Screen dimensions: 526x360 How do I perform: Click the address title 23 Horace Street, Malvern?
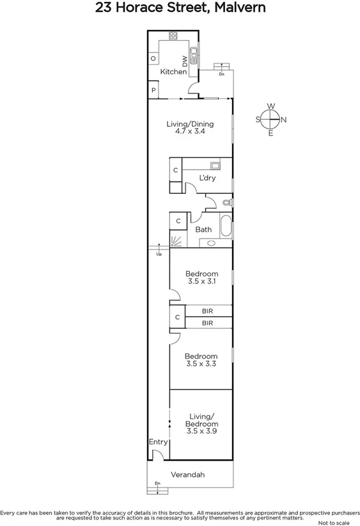tap(180, 8)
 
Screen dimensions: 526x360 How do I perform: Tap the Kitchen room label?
tap(173, 72)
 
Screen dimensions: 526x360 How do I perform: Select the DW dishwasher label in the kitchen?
tap(185, 61)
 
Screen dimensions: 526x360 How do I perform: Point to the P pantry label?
tap(153, 91)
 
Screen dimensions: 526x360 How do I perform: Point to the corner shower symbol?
tap(176, 240)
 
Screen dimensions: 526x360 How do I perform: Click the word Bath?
tap(203, 230)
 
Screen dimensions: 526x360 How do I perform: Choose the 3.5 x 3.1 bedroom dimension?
tap(201, 280)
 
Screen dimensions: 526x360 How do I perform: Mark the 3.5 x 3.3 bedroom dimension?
tap(201, 363)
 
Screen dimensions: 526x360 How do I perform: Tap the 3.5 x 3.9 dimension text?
tap(201, 431)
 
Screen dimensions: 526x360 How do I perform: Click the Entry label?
tap(158, 442)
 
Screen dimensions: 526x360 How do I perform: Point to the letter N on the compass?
tap(284, 119)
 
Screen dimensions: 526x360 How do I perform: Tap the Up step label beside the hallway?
tap(159, 255)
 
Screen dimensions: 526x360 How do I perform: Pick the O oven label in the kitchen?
tap(153, 59)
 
